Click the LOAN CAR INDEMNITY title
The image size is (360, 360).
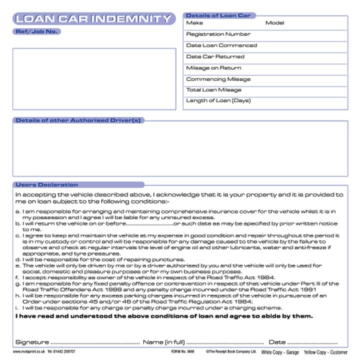tap(93, 19)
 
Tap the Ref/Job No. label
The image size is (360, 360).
tap(37, 31)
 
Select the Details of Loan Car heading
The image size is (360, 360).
tap(218, 15)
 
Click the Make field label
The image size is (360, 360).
tap(194, 23)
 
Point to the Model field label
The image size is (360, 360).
tap(274, 23)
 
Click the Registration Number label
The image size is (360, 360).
tap(218, 34)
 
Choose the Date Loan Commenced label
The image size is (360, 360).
tap(221, 45)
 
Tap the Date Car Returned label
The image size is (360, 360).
tap(215, 56)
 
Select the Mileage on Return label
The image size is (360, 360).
tap(213, 68)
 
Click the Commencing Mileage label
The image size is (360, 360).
tap(218, 79)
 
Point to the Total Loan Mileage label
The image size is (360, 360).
tap(213, 90)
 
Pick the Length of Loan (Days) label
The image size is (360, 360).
tap(218, 100)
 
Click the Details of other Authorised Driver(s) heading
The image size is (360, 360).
tap(78, 120)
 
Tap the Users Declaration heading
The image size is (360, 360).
tap(47, 185)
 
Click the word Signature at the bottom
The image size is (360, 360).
tap(32, 342)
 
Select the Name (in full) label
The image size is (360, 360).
tap(163, 342)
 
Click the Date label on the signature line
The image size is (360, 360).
tap(277, 342)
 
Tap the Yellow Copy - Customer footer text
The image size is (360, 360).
tap(325, 352)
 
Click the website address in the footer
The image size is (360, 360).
tap(28, 352)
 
